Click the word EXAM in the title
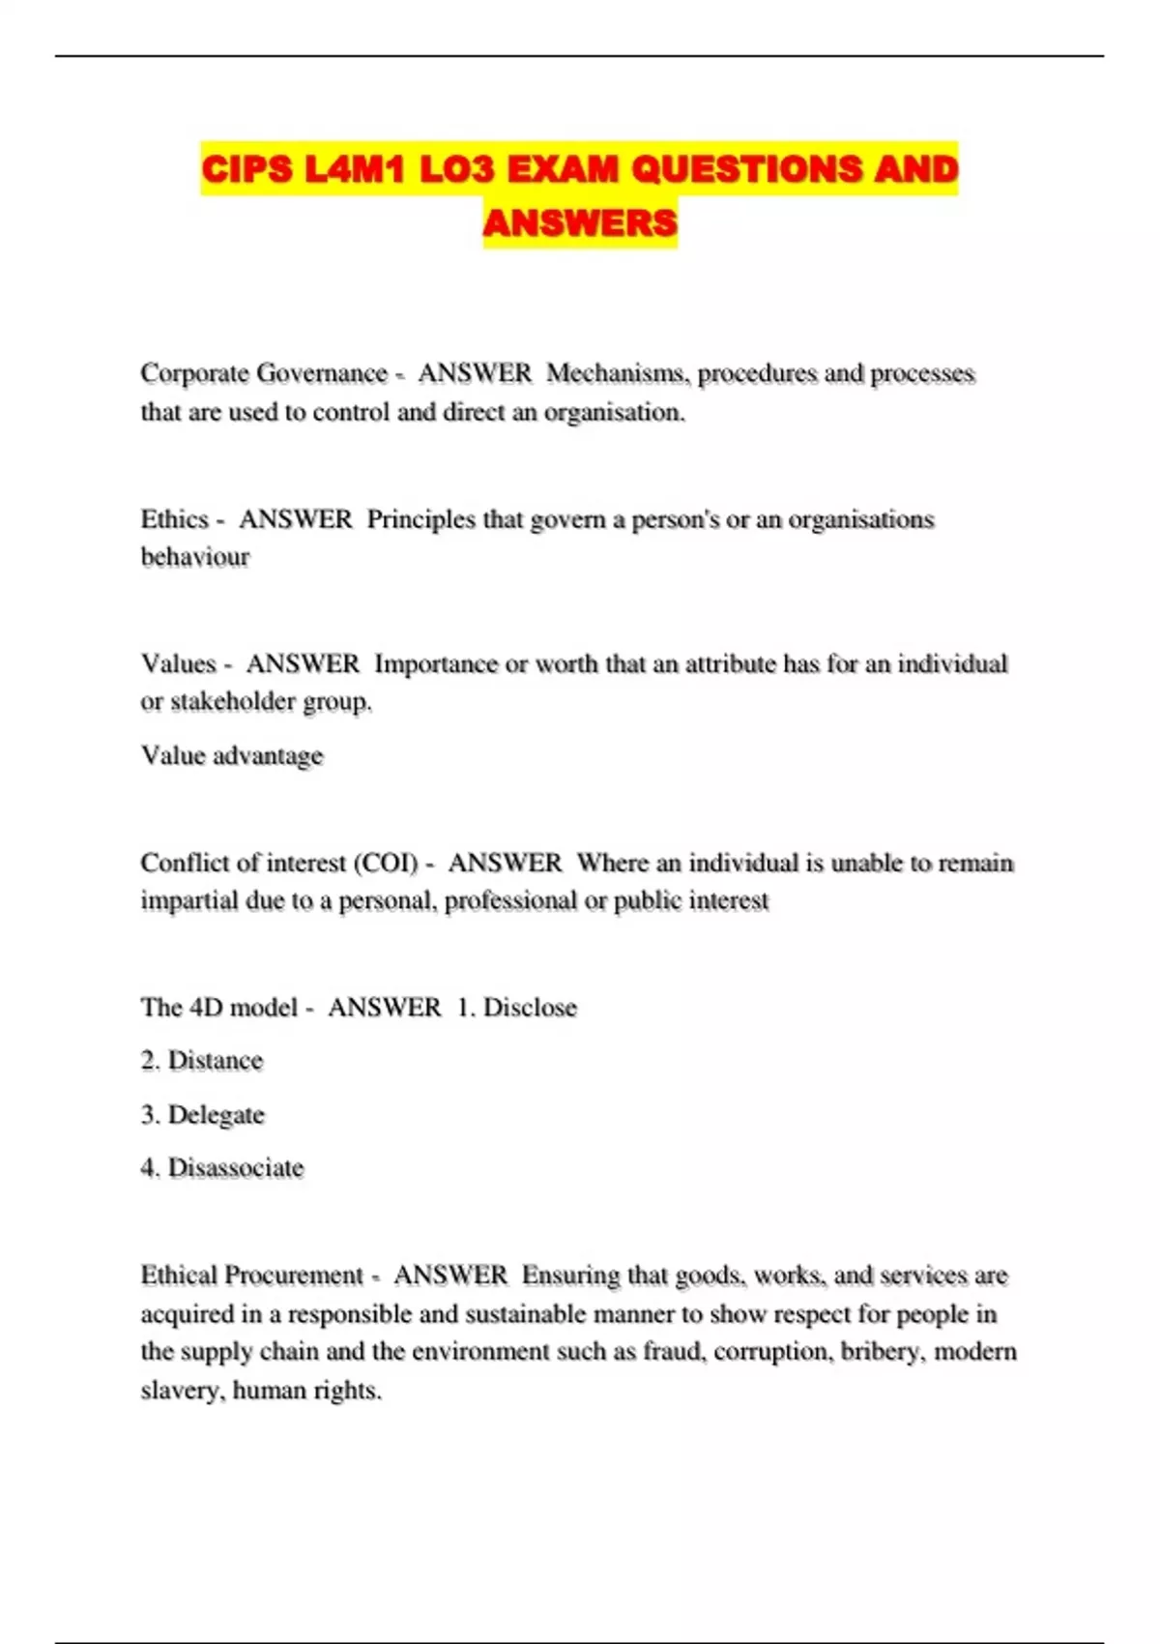click(x=563, y=169)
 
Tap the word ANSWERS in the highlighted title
click(x=580, y=223)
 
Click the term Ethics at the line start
click(x=175, y=519)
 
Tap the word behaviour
click(x=195, y=557)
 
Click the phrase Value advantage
click(x=232, y=755)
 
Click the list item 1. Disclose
click(x=517, y=1008)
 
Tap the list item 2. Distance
click(x=202, y=1061)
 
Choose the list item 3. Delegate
click(x=202, y=1115)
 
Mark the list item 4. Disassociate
click(x=222, y=1168)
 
